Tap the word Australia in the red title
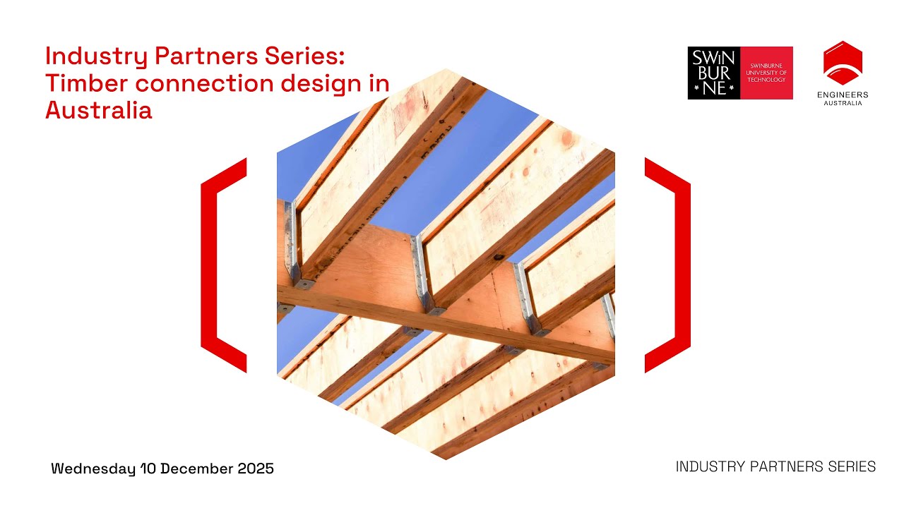pyautogui.click(x=98, y=110)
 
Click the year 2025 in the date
pyautogui.click(x=253, y=468)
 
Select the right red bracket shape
pyautogui.click(x=670, y=265)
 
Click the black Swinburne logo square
pyautogui.click(x=713, y=73)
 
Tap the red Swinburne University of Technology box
pyautogui.click(x=766, y=73)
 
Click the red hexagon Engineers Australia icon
pyautogui.click(x=843, y=63)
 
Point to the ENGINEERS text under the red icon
pyautogui.click(x=843, y=95)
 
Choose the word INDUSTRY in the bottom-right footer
pyautogui.click(x=706, y=466)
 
